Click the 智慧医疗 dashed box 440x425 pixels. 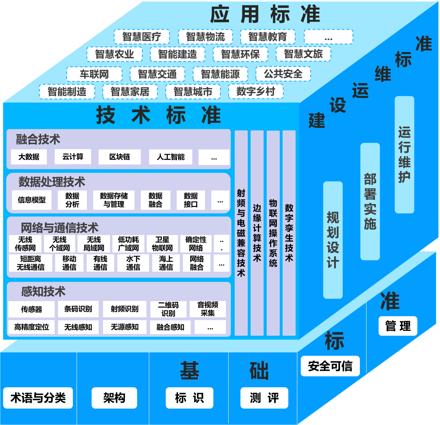point(142,37)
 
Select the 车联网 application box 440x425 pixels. point(94,74)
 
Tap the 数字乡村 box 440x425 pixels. point(256,91)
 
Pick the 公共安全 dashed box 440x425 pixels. point(283,74)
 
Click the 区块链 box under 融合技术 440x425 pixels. point(120,157)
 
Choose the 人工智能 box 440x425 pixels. point(170,157)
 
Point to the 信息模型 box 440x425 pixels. point(32,200)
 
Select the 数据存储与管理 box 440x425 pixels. point(114,200)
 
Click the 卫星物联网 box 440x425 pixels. point(162,244)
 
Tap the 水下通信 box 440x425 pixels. point(133,263)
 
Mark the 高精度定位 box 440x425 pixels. point(31,327)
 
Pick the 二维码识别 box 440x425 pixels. point(168,309)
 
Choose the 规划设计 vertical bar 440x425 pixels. point(333,240)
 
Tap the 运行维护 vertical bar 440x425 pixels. point(404,155)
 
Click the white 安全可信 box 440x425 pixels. point(330,366)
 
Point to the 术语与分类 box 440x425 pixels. point(38,398)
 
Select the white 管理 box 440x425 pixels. point(398,326)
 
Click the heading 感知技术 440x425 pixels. point(43,292)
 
